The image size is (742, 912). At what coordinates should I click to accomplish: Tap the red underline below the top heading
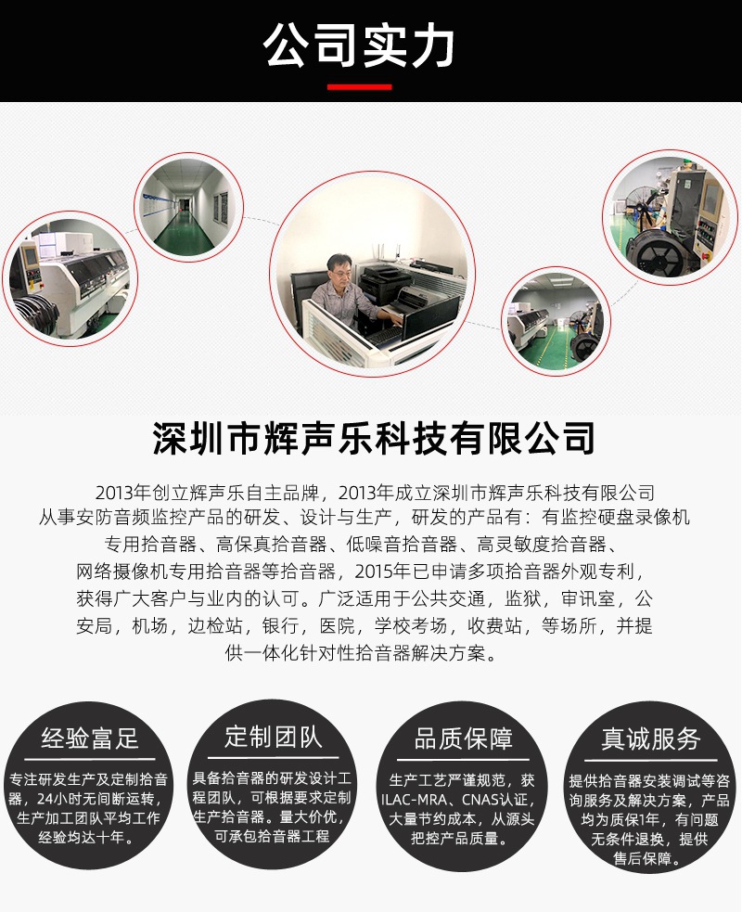pyautogui.click(x=359, y=87)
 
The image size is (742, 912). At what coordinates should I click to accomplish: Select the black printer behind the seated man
pyautogui.click(x=383, y=277)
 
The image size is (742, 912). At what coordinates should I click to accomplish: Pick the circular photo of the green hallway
pyautogui.click(x=188, y=206)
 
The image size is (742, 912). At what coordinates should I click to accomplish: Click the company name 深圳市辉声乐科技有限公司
pyautogui.click(x=371, y=437)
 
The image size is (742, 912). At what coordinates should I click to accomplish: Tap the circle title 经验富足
pyautogui.click(x=90, y=739)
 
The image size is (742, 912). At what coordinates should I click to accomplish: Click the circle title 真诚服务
pyautogui.click(x=650, y=739)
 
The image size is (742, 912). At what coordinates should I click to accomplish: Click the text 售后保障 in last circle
pyautogui.click(x=648, y=859)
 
